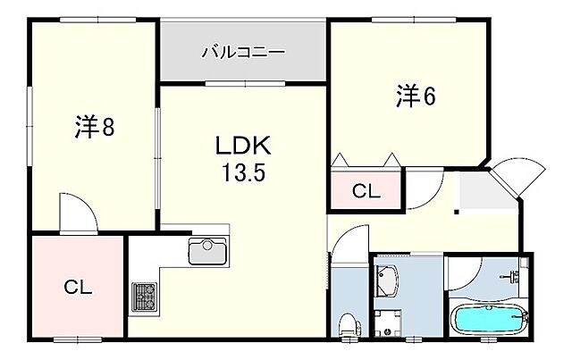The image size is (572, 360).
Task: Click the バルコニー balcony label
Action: click(x=243, y=53)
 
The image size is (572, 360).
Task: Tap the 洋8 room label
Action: click(x=93, y=129)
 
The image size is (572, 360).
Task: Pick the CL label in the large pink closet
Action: click(x=78, y=287)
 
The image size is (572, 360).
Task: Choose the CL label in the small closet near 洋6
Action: click(x=364, y=190)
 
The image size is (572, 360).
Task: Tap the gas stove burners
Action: click(x=143, y=296)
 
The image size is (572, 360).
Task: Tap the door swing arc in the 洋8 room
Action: click(x=80, y=211)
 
